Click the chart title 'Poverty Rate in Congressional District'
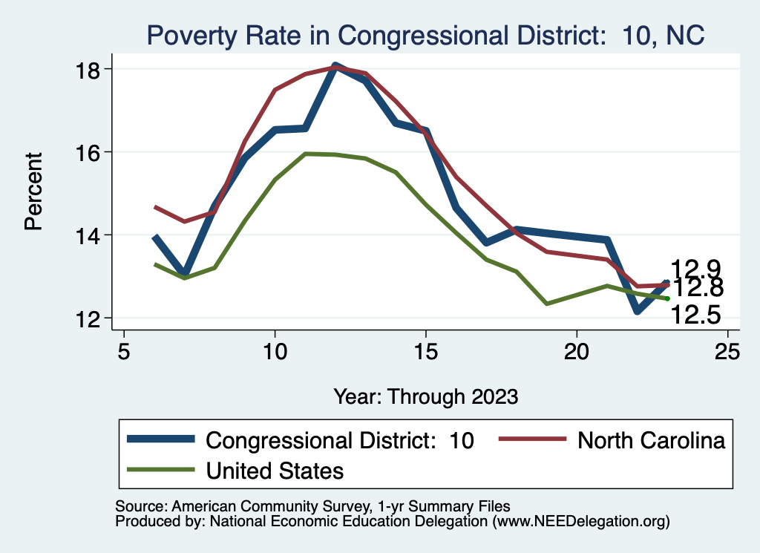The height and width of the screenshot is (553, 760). pyautogui.click(x=425, y=35)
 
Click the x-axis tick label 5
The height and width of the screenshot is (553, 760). pyautogui.click(x=124, y=350)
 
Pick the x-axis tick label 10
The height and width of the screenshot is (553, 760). pyautogui.click(x=275, y=350)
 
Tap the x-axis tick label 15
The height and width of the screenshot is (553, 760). pyautogui.click(x=426, y=350)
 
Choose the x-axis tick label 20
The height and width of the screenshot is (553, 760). pyautogui.click(x=577, y=350)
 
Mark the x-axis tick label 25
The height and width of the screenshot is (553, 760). pyautogui.click(x=728, y=350)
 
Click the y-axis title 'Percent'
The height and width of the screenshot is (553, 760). pyautogui.click(x=33, y=192)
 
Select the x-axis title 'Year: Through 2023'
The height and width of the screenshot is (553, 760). pyautogui.click(x=425, y=396)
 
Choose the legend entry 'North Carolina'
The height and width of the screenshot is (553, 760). pyautogui.click(x=651, y=440)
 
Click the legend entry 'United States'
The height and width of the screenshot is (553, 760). pyautogui.click(x=275, y=470)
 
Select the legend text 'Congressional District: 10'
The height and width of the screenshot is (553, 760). pyautogui.click(x=339, y=440)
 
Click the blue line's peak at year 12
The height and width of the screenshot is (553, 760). pyautogui.click(x=335, y=66)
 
